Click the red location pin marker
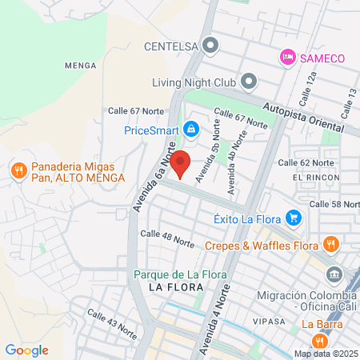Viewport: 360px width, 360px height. point(181,163)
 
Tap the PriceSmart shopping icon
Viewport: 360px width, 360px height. point(190,129)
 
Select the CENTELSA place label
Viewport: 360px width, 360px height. point(170,45)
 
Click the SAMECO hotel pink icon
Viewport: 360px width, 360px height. point(286,57)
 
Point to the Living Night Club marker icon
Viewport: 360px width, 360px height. point(248,82)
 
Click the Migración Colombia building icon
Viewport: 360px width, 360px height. point(335,276)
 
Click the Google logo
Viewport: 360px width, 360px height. point(26,350)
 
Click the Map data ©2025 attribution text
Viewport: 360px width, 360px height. point(325,354)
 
